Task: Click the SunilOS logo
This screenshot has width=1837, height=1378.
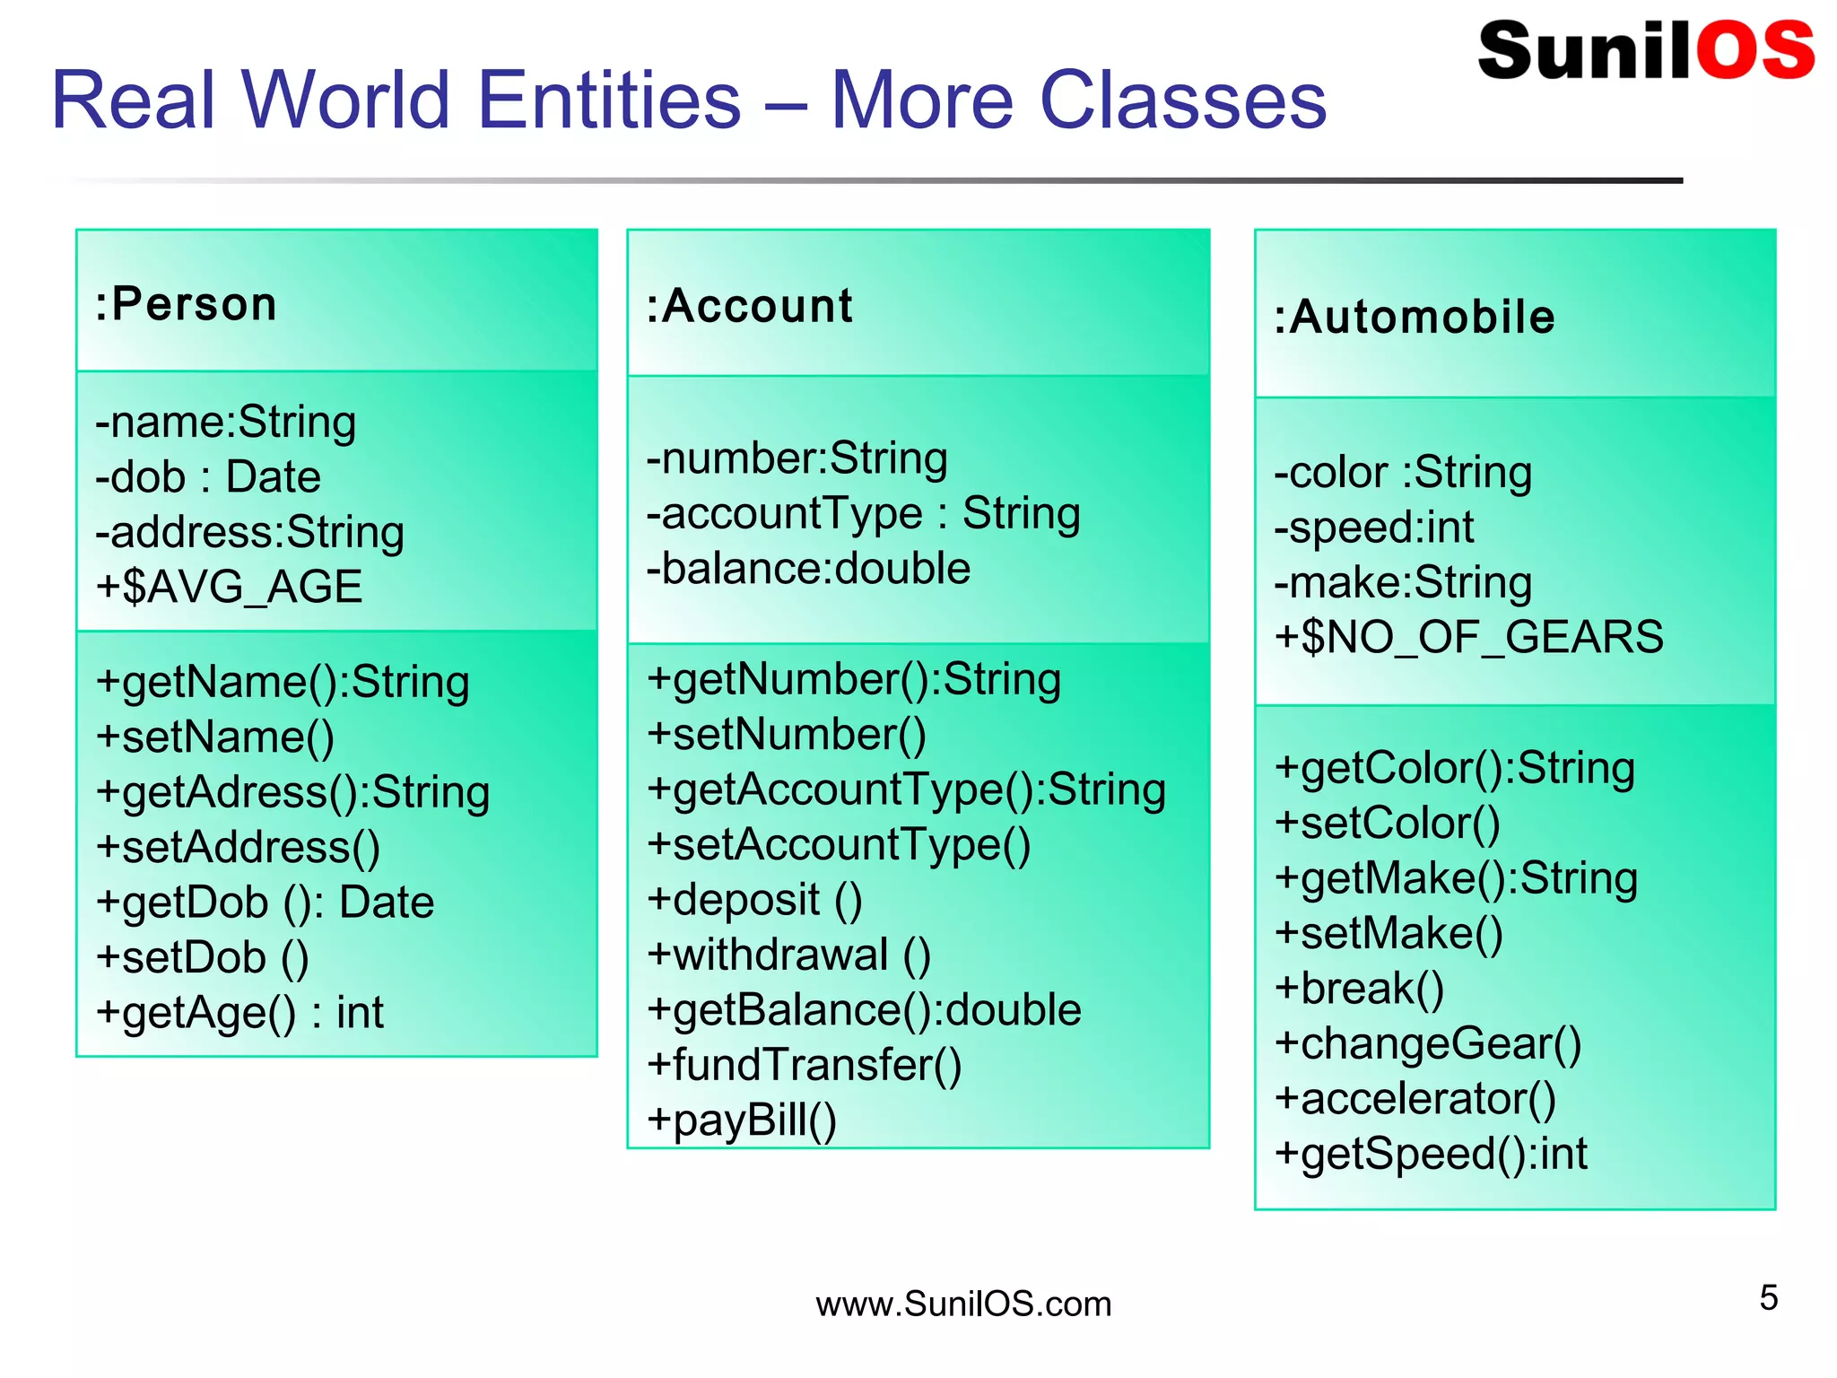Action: (1646, 50)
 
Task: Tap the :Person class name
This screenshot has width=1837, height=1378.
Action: (187, 304)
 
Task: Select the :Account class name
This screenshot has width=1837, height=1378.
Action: (750, 306)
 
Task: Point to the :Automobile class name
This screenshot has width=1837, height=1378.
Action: (1415, 318)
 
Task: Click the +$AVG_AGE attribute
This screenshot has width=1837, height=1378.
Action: (230, 588)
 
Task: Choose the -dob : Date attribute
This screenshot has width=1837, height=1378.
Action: (208, 477)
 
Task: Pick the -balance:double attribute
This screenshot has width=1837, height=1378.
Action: (808, 569)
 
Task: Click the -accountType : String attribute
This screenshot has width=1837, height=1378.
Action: (863, 514)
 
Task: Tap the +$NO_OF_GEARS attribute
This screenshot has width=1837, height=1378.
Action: (1468, 638)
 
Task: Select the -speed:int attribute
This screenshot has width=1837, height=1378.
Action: (1374, 528)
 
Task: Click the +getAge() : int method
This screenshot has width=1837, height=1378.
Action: (239, 1013)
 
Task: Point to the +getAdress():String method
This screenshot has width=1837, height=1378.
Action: (292, 792)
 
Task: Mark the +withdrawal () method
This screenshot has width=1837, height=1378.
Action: (788, 955)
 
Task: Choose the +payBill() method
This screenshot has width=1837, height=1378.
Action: (742, 1121)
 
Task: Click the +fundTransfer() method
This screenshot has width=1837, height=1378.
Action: (804, 1065)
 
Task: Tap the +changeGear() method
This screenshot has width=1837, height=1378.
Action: (1428, 1043)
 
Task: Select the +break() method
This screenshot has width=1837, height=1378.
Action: (1359, 989)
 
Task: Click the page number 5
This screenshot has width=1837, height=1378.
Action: (1768, 1298)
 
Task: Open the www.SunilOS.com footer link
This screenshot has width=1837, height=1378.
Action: (963, 1304)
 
